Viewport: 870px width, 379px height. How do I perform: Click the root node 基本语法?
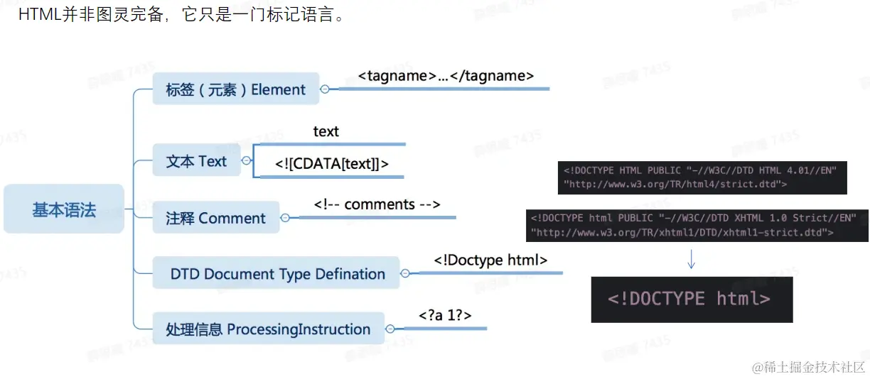pos(64,209)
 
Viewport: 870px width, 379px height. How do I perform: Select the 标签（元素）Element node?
pos(235,89)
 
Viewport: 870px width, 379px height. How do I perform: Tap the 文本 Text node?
pos(196,161)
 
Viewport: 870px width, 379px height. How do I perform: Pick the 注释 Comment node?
pos(217,218)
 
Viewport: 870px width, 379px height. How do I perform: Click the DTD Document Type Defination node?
pos(276,274)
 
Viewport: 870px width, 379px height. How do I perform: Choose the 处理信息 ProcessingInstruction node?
pos(268,329)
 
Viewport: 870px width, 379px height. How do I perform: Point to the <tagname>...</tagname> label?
pos(446,76)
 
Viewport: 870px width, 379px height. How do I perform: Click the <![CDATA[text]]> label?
pos(332,164)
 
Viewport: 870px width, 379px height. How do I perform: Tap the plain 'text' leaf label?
pos(326,131)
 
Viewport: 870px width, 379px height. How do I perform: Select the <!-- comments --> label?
pos(377,204)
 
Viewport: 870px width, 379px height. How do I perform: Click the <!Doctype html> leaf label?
pos(490,260)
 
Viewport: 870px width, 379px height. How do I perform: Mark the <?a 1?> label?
pos(446,315)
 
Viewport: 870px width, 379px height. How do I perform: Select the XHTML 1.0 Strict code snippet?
pos(697,225)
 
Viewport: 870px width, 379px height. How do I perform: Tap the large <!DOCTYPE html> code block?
pos(691,298)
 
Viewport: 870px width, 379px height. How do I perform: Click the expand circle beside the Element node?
pos(325,89)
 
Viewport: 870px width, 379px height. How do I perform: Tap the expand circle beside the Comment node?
pos(285,218)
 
